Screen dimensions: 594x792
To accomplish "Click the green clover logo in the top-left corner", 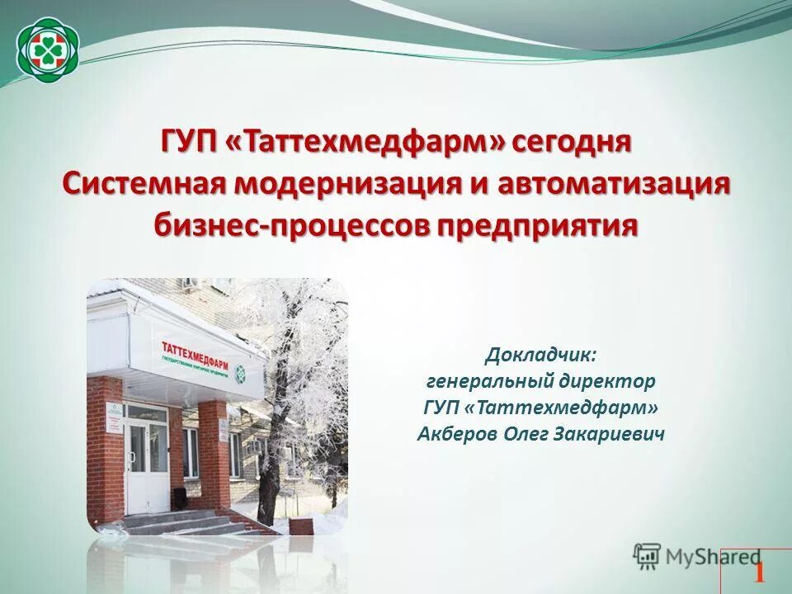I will pos(48,48).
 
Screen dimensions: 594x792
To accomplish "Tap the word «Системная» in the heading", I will pos(144,182).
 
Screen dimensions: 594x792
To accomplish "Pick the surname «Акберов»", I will pos(455,433).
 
